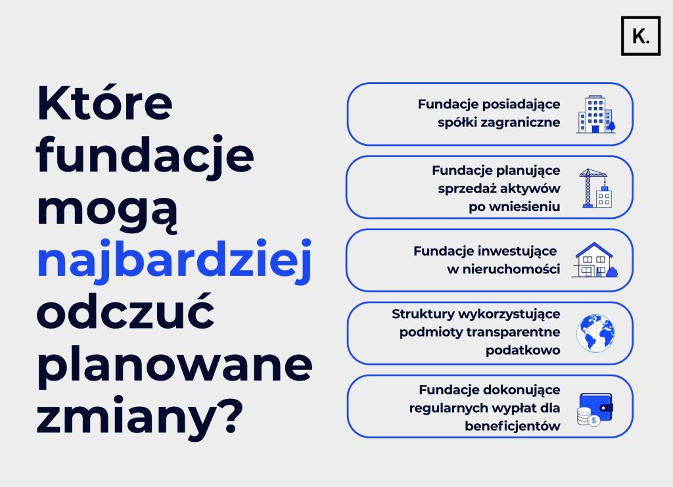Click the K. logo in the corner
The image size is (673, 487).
point(640,36)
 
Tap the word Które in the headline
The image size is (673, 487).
point(104,103)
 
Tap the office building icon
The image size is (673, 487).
point(595,114)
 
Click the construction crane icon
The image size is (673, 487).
point(595,188)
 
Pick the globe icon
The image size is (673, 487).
point(595,333)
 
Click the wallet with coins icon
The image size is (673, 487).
point(594,409)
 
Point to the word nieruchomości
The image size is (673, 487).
point(511,269)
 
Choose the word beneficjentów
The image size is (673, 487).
point(513,426)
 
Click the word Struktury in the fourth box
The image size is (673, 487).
point(423,314)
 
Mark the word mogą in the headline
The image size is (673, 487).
point(107,210)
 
